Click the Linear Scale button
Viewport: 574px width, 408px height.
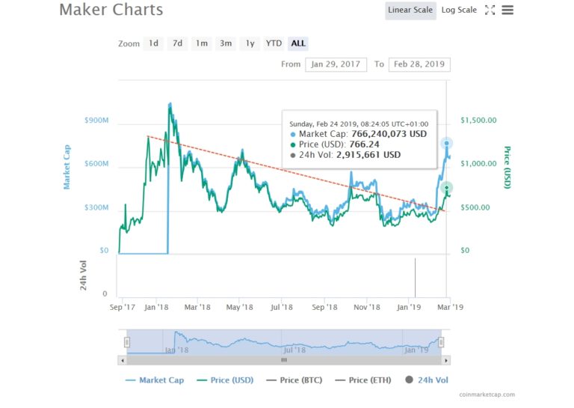[x=411, y=10]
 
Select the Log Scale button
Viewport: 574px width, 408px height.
[x=459, y=10]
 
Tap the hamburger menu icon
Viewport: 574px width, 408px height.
[x=507, y=10]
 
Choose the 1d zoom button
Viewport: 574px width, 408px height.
[x=153, y=43]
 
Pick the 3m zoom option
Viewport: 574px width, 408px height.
[x=226, y=43]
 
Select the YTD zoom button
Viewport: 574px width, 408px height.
[x=274, y=43]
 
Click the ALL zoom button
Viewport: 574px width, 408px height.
[x=298, y=43]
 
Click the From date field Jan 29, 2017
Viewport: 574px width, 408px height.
[x=335, y=64]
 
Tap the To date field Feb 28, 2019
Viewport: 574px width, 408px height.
[x=420, y=64]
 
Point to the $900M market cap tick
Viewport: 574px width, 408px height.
[x=97, y=121]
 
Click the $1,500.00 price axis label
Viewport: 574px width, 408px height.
[x=478, y=121]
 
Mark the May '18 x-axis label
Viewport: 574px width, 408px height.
[x=238, y=307]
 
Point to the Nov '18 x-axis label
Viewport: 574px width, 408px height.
[x=367, y=307]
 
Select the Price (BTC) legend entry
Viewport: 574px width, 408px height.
[x=299, y=380]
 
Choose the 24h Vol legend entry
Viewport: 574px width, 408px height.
[x=430, y=380]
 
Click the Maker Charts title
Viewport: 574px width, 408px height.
[x=111, y=10]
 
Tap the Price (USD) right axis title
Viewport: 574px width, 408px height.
[x=507, y=167]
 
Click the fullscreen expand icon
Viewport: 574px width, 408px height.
[x=490, y=10]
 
